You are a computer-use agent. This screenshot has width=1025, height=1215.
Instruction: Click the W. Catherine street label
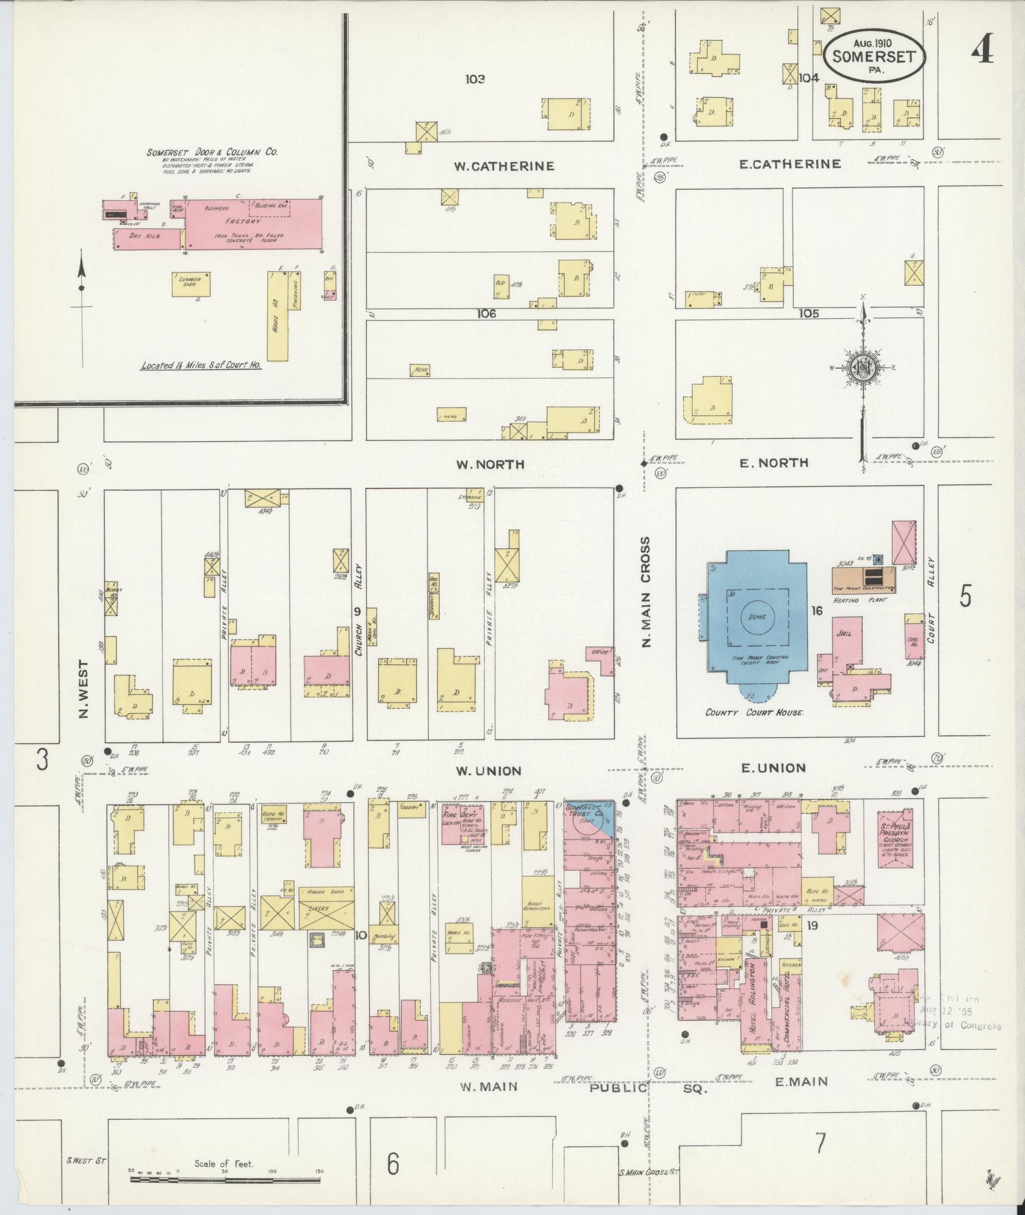(x=504, y=166)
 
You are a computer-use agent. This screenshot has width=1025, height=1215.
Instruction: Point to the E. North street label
(x=773, y=463)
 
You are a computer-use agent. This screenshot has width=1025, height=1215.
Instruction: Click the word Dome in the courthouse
(x=757, y=617)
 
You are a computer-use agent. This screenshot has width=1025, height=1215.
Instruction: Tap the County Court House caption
(x=754, y=712)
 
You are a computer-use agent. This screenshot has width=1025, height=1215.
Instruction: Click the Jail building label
(x=845, y=633)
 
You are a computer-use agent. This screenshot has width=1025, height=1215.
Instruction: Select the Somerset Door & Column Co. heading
(x=212, y=152)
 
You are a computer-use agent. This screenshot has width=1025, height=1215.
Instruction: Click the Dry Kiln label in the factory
(x=145, y=236)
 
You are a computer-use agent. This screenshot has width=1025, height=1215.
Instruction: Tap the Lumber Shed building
(x=191, y=283)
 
